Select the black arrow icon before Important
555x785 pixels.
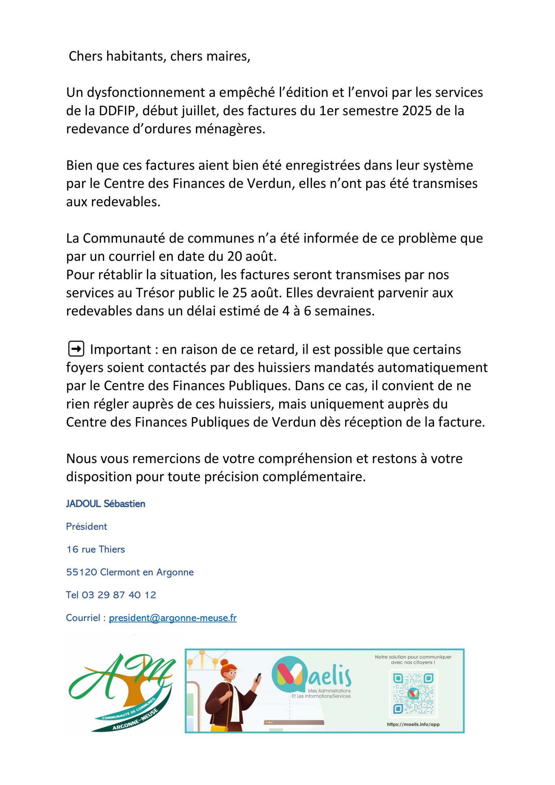(x=76, y=349)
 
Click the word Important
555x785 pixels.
(x=120, y=349)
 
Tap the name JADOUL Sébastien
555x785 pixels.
(x=105, y=504)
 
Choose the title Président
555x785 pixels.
(x=86, y=526)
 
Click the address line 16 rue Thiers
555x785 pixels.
(x=95, y=549)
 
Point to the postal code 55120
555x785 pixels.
(x=82, y=572)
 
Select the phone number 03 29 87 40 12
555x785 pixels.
(x=119, y=595)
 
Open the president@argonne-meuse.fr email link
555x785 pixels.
(x=172, y=618)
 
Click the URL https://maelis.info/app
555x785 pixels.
(x=413, y=724)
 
